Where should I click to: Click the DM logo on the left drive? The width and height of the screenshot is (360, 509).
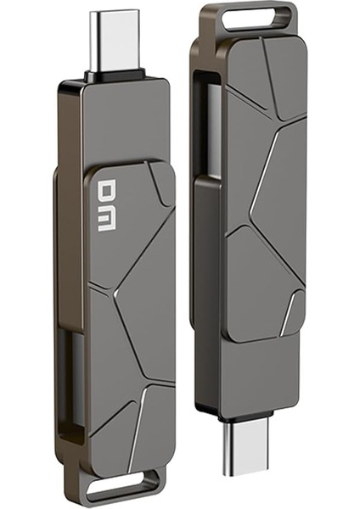click(106, 206)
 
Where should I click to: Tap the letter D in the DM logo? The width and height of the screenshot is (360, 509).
click(106, 192)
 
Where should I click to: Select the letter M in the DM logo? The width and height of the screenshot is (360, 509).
click(106, 220)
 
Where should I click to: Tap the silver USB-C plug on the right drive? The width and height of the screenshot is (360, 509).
click(248, 449)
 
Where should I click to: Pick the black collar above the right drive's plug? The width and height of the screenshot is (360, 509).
click(248, 417)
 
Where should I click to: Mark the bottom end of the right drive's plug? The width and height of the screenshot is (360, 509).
click(248, 472)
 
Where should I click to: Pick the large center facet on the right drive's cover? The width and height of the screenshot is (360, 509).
click(276, 187)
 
